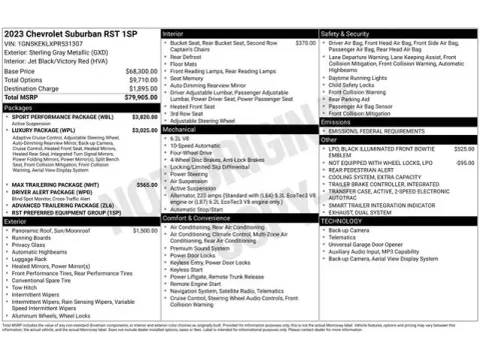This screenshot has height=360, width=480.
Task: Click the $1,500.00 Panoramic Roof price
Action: coord(144,230)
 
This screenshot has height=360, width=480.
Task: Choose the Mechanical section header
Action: coord(180,129)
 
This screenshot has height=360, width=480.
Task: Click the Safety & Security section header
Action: coord(347,33)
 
